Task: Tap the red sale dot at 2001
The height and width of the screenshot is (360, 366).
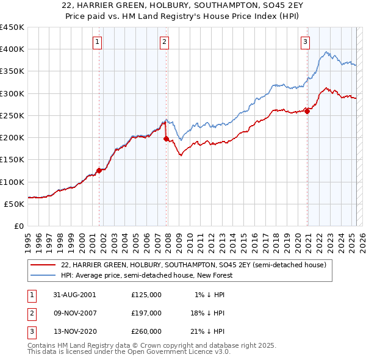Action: coord(99,171)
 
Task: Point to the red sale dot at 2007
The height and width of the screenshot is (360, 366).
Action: coord(166,139)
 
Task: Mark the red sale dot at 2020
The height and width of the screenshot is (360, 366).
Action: coord(307,111)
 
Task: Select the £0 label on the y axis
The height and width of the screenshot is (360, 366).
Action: coord(18,226)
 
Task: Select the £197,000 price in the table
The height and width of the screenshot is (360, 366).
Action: coord(146,313)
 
